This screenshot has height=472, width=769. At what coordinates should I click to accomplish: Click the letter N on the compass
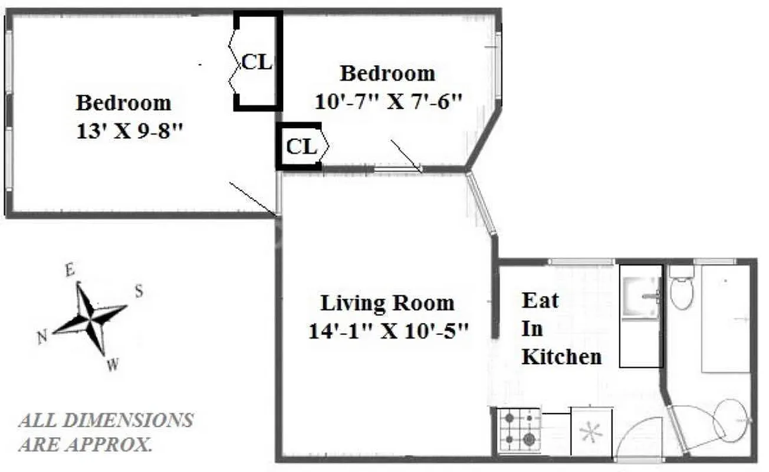42,337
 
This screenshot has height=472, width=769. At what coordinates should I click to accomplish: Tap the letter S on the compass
139,291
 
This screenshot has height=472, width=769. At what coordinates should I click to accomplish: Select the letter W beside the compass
112,365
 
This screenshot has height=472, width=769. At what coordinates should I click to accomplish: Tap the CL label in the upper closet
257,62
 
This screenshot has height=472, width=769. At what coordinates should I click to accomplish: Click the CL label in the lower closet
301,147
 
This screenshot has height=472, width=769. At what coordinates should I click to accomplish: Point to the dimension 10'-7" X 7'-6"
387,101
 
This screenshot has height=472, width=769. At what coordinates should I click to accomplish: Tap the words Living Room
387,303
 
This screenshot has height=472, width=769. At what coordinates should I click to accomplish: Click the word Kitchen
561,356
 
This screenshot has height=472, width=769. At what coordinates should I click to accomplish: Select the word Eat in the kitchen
540,300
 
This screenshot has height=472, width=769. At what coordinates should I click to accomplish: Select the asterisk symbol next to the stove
590,433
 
